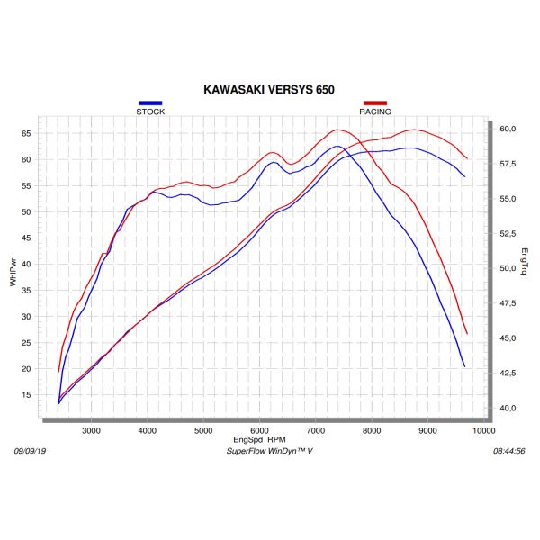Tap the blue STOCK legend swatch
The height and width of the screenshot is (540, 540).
150,103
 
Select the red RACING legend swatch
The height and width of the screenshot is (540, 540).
374,103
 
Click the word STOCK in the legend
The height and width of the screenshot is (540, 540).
150,112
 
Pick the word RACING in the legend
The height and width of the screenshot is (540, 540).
375,112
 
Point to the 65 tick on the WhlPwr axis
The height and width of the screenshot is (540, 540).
26,133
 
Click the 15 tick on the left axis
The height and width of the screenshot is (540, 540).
26,395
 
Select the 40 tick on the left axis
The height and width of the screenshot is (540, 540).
26,265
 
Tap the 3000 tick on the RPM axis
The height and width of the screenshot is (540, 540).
91,431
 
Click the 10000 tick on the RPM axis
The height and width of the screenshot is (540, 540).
483,431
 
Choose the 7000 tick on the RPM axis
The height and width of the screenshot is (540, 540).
315,431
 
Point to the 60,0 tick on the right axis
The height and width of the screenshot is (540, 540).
508,129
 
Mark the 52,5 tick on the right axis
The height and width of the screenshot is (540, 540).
508,233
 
